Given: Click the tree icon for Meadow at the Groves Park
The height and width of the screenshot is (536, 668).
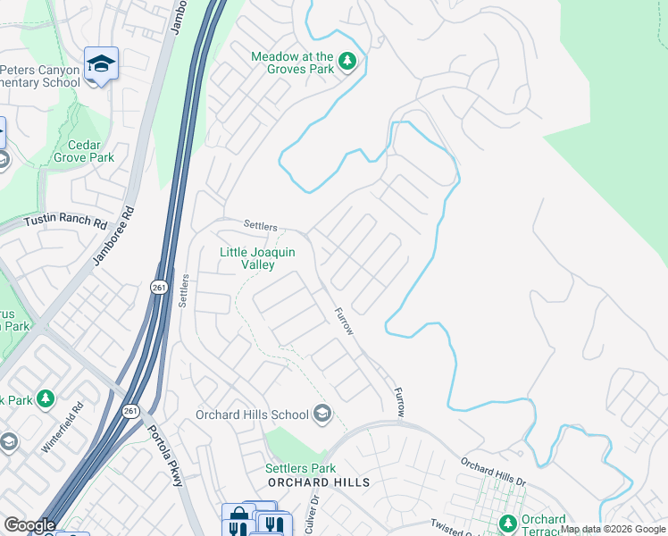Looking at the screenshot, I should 347,63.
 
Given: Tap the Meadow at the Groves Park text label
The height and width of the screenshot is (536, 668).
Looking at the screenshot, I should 292,63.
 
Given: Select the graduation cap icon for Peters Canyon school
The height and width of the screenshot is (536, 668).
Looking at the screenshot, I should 102,64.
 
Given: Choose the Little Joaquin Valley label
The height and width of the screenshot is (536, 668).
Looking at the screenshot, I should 259,259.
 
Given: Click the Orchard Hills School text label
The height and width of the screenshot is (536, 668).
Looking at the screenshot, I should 252,415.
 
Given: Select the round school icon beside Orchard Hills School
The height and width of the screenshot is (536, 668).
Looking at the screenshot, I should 322,414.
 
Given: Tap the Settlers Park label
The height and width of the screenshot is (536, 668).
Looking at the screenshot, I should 300,468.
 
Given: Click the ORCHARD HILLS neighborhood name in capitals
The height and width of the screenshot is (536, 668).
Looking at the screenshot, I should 306,482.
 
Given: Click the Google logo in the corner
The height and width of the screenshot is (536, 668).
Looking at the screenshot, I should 29,525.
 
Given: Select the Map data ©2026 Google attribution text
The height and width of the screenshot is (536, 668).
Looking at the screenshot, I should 613,529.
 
